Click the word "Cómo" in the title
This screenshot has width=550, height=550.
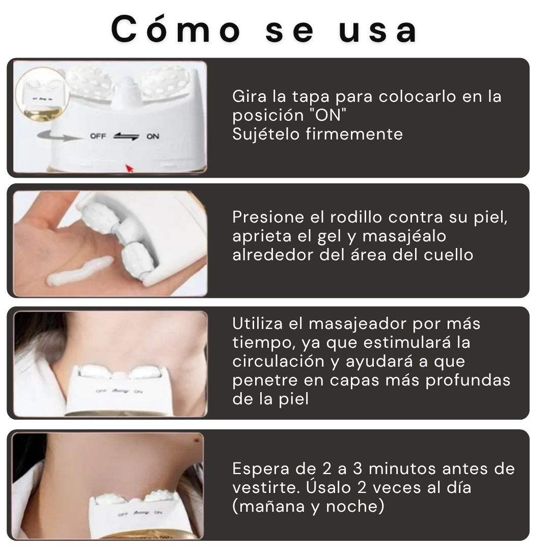[x=176, y=30]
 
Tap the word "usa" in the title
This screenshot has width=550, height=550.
[x=378, y=30]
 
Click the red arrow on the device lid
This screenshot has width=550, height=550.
[x=129, y=168]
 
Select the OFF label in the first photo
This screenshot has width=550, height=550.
[x=98, y=136]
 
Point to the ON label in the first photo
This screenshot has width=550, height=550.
[x=153, y=136]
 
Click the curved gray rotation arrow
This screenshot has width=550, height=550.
[x=56, y=135]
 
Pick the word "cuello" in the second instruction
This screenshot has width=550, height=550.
[x=449, y=255]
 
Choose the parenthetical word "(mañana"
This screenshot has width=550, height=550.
[x=269, y=506]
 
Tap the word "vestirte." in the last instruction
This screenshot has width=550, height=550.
[x=268, y=487]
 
